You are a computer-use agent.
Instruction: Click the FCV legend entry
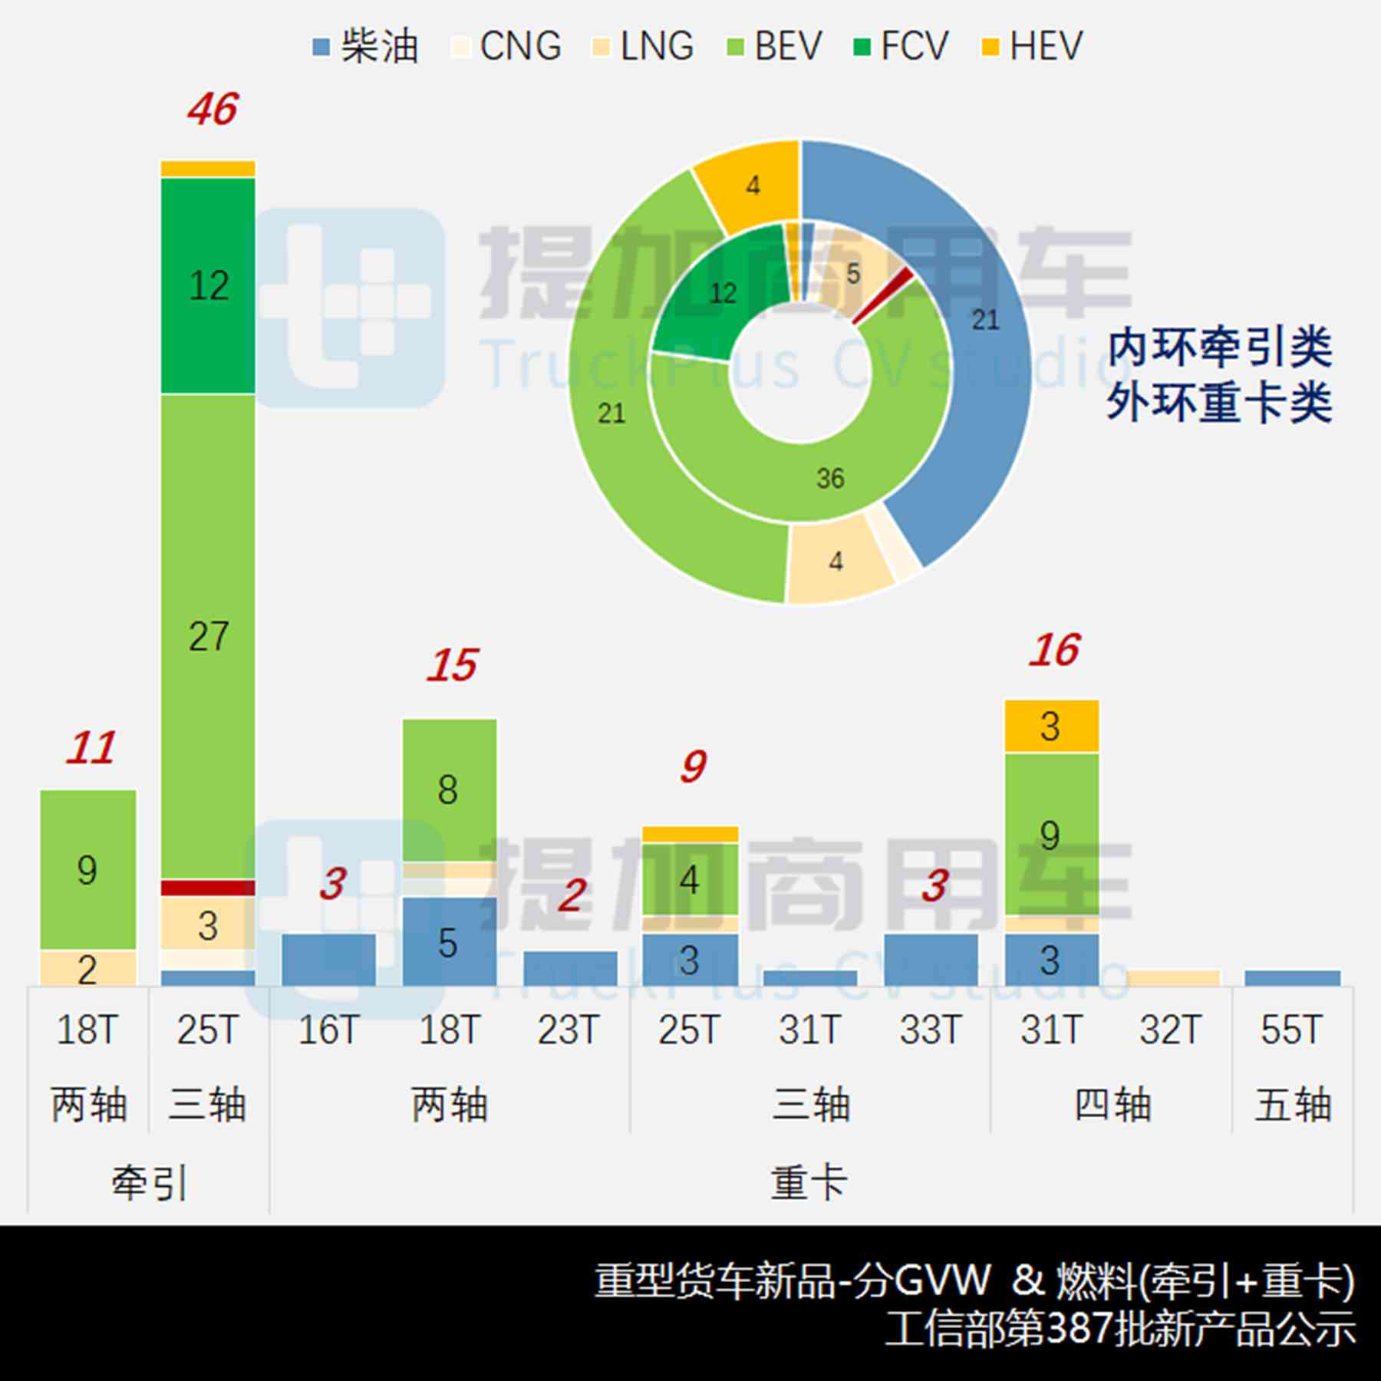(901, 46)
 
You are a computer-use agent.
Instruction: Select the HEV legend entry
(1032, 46)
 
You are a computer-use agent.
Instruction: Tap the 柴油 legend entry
(367, 46)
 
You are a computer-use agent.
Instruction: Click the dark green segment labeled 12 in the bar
(208, 285)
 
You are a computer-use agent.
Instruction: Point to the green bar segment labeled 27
(208, 636)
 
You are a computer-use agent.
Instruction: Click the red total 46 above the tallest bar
(213, 109)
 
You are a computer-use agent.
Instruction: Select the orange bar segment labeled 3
(1051, 726)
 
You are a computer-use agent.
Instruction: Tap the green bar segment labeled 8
(449, 789)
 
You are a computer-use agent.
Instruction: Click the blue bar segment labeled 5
(449, 942)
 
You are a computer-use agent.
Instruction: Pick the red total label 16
(1054, 651)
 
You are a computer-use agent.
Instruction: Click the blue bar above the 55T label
(1292, 978)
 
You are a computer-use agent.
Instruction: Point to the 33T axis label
(930, 1030)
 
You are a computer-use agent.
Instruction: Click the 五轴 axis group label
(1292, 1105)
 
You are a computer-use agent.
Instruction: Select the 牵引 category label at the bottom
(149, 1182)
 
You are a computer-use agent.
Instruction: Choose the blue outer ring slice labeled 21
(985, 319)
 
